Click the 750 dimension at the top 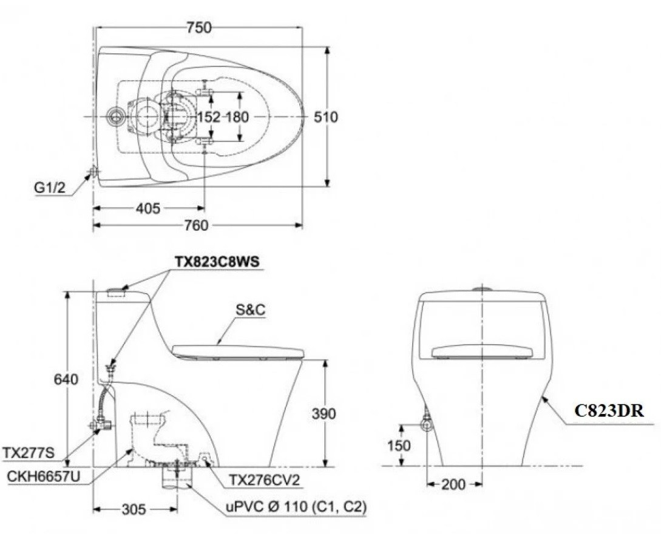[x=198, y=27]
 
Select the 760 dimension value [x=195, y=226]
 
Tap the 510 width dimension [x=325, y=117]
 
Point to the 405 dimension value [x=148, y=209]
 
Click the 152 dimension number [x=209, y=117]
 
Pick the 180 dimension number [x=238, y=117]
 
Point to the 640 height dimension [x=66, y=379]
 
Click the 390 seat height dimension [x=324, y=414]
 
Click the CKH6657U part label [x=43, y=477]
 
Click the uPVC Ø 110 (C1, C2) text [x=297, y=507]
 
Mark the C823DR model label [x=609, y=410]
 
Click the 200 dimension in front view [x=454, y=484]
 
